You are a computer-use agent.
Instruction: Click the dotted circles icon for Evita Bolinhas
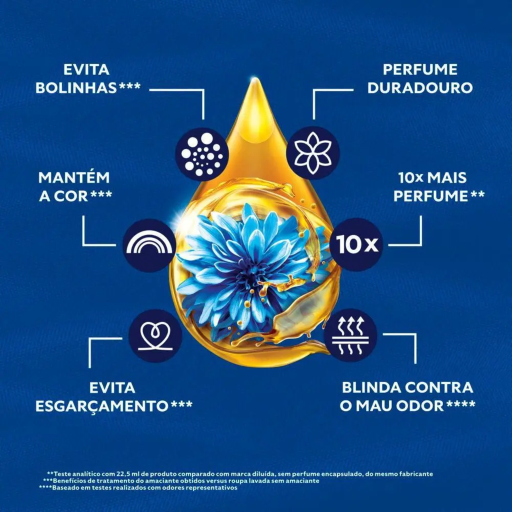click(x=202, y=153)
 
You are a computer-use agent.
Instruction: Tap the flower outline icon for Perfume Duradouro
click(x=313, y=152)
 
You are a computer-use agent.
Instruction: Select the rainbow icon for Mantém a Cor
click(x=149, y=245)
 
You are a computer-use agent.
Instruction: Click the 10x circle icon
click(x=356, y=244)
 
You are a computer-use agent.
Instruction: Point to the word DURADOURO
click(x=420, y=87)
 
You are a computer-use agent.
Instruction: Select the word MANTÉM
click(x=74, y=178)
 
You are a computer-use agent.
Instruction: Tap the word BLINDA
click(x=372, y=387)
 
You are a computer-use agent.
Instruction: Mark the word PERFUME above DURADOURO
click(x=420, y=69)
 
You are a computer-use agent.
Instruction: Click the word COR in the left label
click(x=71, y=196)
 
